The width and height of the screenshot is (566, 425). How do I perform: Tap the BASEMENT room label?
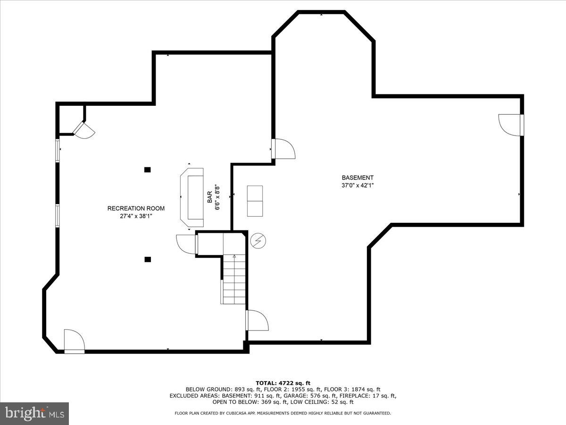[x=358, y=178]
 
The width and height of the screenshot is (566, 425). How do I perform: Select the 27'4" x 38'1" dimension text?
[x=136, y=216]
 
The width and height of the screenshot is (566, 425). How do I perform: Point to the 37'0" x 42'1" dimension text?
[x=358, y=185]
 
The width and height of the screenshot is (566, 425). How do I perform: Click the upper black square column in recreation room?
[x=148, y=170]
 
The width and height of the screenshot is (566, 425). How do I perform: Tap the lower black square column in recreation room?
[x=148, y=259]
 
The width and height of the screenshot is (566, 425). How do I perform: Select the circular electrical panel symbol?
[x=258, y=241]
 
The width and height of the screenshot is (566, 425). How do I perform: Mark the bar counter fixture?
[x=191, y=197]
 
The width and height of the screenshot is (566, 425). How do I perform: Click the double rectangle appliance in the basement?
[x=255, y=201]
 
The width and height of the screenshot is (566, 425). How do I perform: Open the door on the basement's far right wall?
[x=510, y=125]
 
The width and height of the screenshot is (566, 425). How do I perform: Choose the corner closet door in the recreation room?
[x=83, y=130]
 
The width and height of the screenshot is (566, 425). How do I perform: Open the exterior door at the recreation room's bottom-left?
[x=74, y=341]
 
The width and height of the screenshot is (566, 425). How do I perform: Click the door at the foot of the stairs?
[x=257, y=321]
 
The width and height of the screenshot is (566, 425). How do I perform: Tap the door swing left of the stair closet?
[x=186, y=244]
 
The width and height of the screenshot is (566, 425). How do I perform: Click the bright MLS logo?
[x=34, y=414]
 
